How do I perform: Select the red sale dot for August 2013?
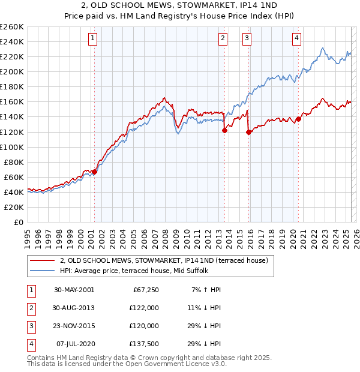pyautogui.click(x=224, y=130)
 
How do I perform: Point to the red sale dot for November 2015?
pyautogui.click(x=248, y=132)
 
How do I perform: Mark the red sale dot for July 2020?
pyautogui.click(x=298, y=118)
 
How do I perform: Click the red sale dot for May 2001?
pyautogui.click(x=94, y=172)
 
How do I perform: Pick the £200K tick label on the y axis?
pyautogui.click(x=11, y=71)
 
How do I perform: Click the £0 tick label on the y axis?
pyautogui.click(x=18, y=222)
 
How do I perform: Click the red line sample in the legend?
pyautogui.click(x=43, y=260)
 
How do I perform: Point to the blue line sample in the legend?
pyautogui.click(x=43, y=271)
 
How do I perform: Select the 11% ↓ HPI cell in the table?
pyautogui.click(x=205, y=308)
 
